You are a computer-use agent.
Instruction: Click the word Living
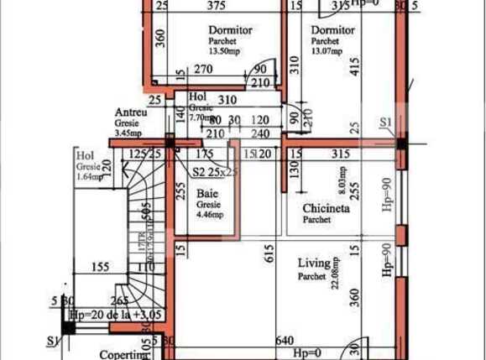point(314,263)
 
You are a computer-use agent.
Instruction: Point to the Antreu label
point(132,112)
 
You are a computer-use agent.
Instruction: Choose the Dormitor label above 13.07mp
point(332,29)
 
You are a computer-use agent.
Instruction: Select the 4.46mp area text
point(211,215)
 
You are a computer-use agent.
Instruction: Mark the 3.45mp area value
point(128,133)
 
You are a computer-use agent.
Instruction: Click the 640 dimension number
point(285,341)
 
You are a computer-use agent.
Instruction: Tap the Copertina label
point(124,355)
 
